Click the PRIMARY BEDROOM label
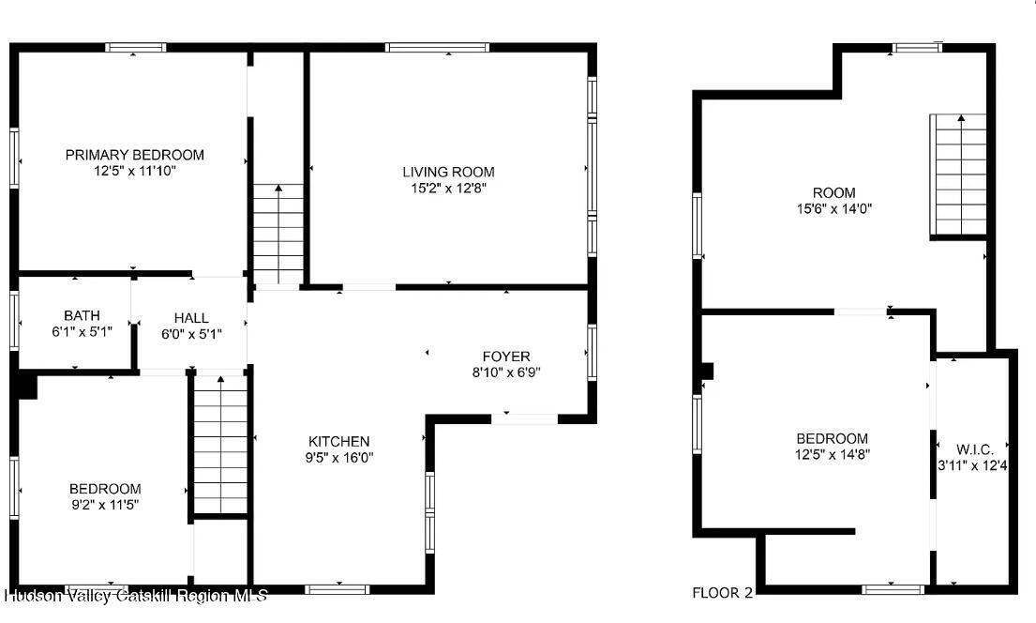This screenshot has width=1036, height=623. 134,155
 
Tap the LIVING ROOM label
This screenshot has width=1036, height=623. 448,172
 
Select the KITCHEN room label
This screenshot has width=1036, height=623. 338,441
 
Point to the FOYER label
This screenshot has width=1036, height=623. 506,357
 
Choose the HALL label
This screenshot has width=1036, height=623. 191,318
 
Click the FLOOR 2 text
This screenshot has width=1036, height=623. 722,592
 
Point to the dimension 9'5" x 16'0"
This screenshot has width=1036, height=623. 338,458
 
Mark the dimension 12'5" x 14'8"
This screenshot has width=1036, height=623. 832,455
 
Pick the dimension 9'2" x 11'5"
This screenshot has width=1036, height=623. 105,505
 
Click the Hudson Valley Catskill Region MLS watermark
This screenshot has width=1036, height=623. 136,596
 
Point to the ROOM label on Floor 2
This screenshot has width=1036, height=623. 833,193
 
